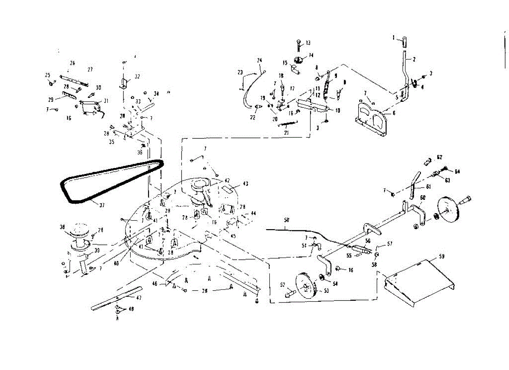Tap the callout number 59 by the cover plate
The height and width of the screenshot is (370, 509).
click(442, 256)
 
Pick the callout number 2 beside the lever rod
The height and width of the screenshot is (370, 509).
click(414, 59)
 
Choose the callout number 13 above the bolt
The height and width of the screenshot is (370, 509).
click(308, 42)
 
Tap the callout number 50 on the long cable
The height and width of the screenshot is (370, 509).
click(287, 221)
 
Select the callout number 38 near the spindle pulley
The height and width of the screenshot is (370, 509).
click(63, 227)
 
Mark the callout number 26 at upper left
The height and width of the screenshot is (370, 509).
click(73, 63)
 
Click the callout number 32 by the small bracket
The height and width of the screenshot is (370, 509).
click(137, 77)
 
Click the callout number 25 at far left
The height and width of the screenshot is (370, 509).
click(48, 75)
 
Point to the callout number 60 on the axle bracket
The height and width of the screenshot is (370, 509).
click(422, 198)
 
